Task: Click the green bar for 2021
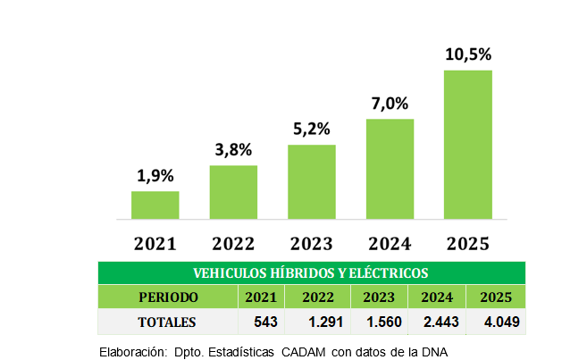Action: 155,205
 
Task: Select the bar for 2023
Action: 311,181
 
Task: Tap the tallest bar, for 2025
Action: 467,144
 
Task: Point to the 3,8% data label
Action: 233,149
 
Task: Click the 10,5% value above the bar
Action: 468,54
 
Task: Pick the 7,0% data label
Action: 390,104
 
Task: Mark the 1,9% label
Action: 155,176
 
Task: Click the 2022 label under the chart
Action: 233,243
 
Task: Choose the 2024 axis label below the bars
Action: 390,243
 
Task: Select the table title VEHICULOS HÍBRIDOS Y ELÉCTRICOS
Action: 311,272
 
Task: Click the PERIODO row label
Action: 168,297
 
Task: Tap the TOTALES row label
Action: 167,322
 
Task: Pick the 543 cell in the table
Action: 267,322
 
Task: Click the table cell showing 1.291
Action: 323,322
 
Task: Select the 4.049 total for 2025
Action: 496,322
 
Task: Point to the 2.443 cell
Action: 438,322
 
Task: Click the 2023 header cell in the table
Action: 380,297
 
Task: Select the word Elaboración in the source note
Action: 131,352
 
